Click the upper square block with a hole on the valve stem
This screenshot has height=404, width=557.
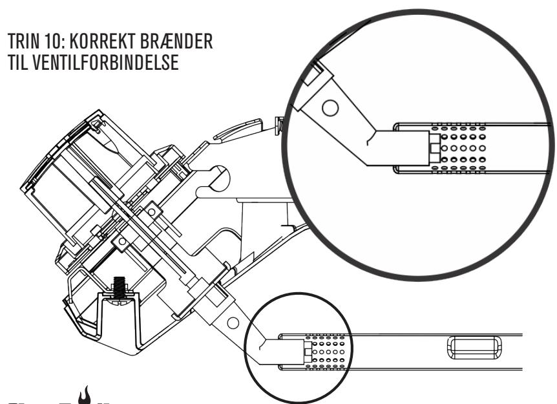154,208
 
